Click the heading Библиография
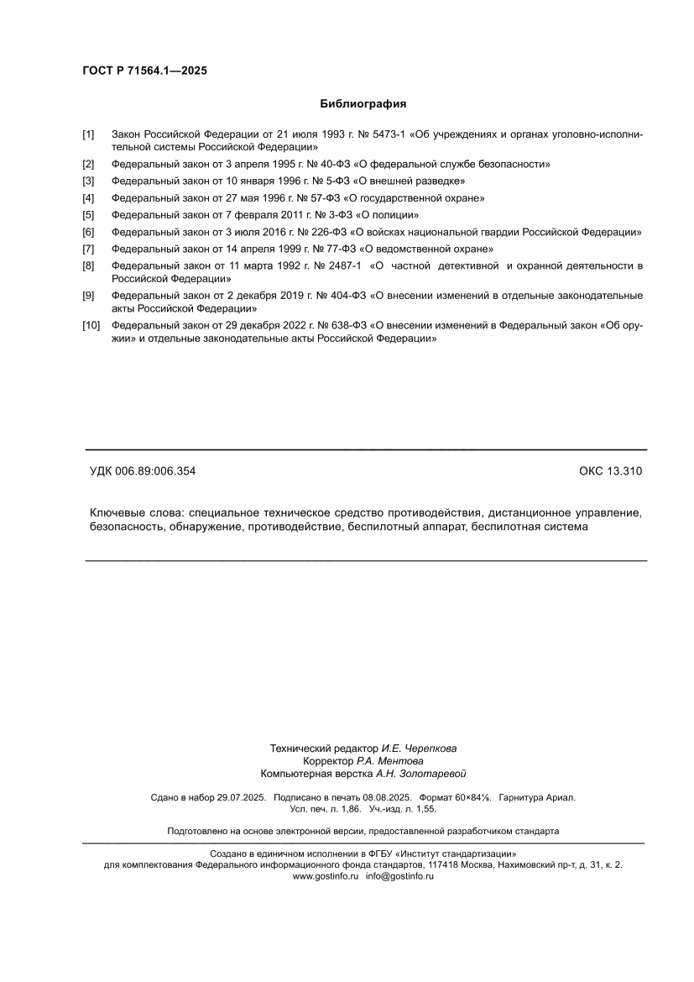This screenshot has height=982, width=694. pos(363,104)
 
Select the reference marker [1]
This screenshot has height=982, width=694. pos(88,134)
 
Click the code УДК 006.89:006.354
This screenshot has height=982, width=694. pos(143,472)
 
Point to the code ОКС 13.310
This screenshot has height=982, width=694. pos(610,472)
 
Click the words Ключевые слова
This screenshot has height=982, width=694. pos(136,512)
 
